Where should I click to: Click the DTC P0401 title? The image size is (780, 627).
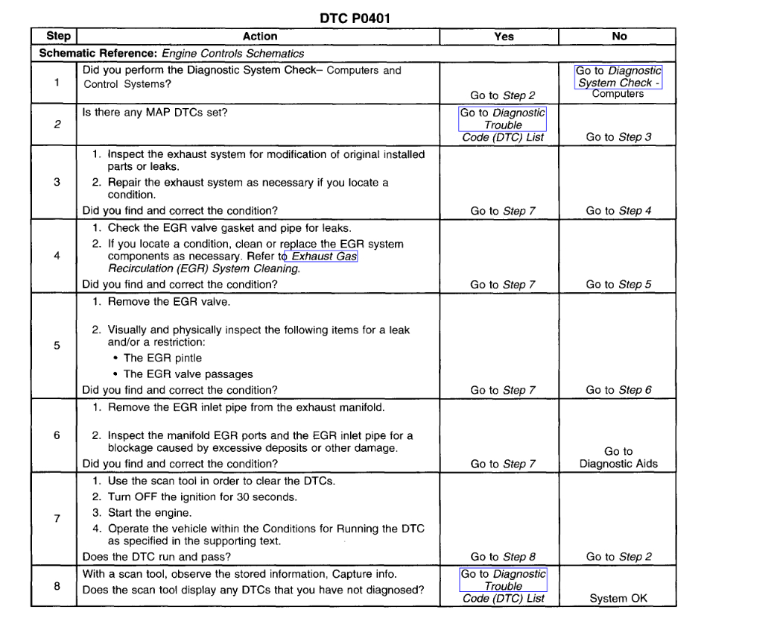click(354, 19)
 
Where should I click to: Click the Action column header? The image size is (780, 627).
click(259, 36)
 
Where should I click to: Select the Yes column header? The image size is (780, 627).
click(504, 36)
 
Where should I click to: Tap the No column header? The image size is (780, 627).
click(618, 36)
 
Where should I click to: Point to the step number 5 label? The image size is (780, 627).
click(57, 345)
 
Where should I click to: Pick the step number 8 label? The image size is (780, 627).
click(57, 586)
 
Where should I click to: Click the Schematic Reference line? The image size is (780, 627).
click(172, 54)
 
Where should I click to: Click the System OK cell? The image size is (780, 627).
click(618, 598)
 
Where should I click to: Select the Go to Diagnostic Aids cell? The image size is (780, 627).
click(618, 457)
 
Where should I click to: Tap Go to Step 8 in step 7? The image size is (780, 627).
click(503, 557)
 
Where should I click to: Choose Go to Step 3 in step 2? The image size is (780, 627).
click(618, 137)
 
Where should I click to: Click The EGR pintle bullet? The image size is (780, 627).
click(162, 358)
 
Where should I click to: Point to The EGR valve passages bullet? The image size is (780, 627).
click(188, 374)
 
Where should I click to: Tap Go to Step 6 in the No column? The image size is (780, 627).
click(618, 390)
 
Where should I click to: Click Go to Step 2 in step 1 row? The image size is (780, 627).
click(503, 95)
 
